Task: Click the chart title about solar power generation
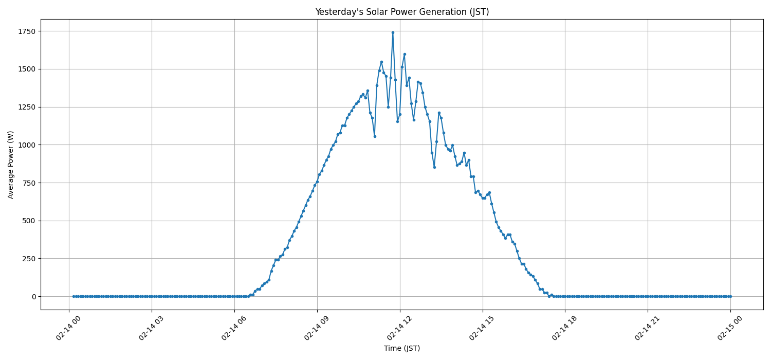(x=402, y=12)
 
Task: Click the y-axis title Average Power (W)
(x=11, y=165)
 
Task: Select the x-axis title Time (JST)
(x=402, y=349)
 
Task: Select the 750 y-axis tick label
(x=28, y=183)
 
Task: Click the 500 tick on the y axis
(x=28, y=221)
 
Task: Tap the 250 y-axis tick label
(x=28, y=259)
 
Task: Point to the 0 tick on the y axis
(x=33, y=297)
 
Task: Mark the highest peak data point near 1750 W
(x=393, y=32)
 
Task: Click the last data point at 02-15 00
(x=730, y=296)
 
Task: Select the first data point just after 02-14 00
(x=74, y=296)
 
